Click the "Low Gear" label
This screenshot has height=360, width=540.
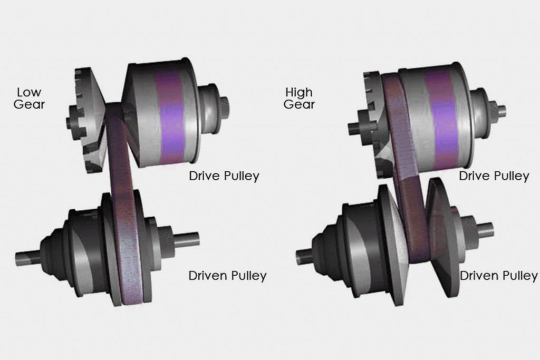(30, 98)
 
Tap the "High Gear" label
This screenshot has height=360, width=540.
(299, 98)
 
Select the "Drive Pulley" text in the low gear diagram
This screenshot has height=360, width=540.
(224, 176)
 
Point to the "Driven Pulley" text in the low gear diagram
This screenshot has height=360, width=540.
(227, 276)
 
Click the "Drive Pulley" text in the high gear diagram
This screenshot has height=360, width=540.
(494, 176)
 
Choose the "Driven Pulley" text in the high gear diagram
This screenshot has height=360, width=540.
(499, 276)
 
